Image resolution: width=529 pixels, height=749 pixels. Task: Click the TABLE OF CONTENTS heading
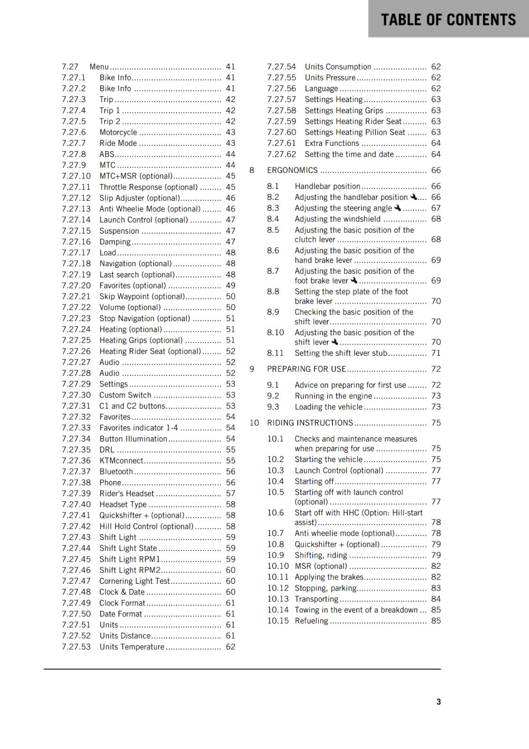click(448, 20)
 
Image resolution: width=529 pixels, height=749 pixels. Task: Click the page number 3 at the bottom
click(438, 702)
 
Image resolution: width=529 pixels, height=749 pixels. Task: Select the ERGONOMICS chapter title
click(292, 170)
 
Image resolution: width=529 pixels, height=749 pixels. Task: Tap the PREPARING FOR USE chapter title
click(306, 369)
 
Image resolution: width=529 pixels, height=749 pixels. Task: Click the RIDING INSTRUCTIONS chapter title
click(310, 423)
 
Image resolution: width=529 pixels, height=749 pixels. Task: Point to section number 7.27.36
click(76, 461)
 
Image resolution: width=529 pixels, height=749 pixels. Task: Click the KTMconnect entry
click(121, 461)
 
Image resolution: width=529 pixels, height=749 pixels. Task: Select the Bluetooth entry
click(116, 471)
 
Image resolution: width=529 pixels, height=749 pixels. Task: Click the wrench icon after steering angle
click(397, 208)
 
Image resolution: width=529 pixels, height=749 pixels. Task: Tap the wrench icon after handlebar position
click(413, 197)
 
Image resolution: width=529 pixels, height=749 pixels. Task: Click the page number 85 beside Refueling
click(436, 621)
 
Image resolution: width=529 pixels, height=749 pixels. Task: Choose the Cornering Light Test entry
click(134, 581)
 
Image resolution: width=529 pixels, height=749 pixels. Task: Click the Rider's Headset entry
click(126, 493)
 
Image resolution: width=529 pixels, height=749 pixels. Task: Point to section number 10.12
click(278, 588)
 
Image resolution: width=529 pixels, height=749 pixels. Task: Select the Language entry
click(321, 88)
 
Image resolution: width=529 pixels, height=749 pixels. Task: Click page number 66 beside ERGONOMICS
click(436, 170)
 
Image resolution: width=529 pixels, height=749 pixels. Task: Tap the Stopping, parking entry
click(325, 588)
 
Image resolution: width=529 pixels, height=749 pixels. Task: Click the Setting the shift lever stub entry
click(341, 353)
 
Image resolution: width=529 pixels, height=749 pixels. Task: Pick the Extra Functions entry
click(331, 143)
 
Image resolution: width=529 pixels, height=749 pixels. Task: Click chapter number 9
click(252, 369)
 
